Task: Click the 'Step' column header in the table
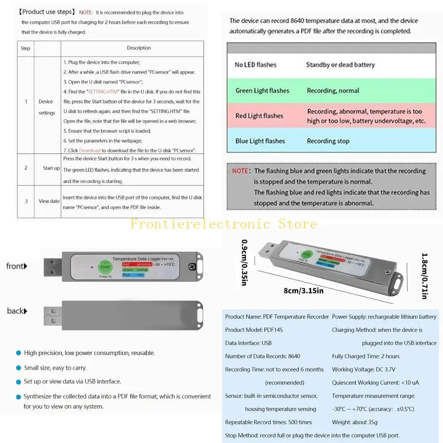pyautogui.click(x=26, y=48)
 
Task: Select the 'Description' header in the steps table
pyautogui.click(x=139, y=48)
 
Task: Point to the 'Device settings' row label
pyautogui.click(x=46, y=107)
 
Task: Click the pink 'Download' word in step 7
pyautogui.click(x=90, y=151)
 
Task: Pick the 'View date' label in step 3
pyautogui.click(x=49, y=201)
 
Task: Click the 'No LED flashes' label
pyautogui.click(x=255, y=65)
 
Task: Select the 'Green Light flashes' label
pyautogui.click(x=262, y=90)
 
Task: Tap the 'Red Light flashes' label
pyautogui.click(x=259, y=116)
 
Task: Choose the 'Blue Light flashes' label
pyautogui.click(x=260, y=141)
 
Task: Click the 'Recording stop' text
pyautogui.click(x=328, y=141)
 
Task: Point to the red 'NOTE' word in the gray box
pyautogui.click(x=240, y=171)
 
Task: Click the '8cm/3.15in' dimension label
pyautogui.click(x=303, y=291)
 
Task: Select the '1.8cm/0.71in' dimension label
pyautogui.click(x=424, y=276)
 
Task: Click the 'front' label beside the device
pyautogui.click(x=16, y=266)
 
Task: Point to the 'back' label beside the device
pyautogui.click(x=17, y=311)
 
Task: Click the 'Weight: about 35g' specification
pyautogui.click(x=354, y=422)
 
